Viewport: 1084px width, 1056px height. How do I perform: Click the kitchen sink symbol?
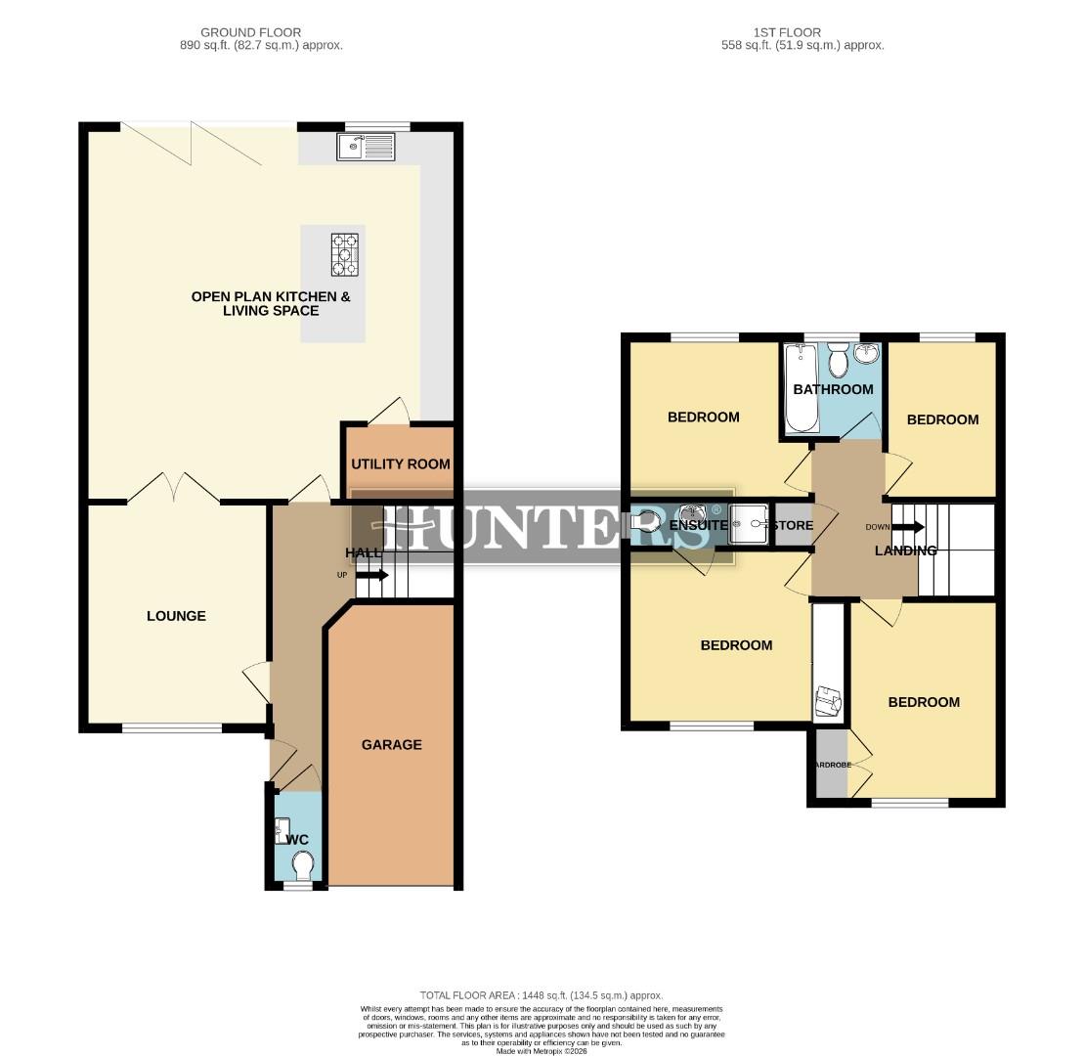click(366, 147)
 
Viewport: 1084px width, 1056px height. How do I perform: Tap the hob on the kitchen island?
click(344, 254)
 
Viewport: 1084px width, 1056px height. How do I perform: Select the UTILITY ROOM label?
click(400, 463)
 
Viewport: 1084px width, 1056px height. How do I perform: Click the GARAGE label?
click(392, 744)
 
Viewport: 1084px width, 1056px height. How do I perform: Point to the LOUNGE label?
click(176, 616)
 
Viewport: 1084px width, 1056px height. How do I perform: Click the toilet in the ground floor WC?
click(302, 865)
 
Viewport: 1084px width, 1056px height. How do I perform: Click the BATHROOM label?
click(833, 389)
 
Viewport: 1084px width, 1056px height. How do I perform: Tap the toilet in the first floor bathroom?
click(837, 363)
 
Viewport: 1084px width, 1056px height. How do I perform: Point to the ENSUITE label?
click(698, 525)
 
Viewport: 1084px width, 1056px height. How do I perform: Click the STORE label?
click(792, 525)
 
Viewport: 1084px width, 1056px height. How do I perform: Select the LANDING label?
click(905, 550)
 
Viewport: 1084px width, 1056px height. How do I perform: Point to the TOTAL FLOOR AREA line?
click(542, 994)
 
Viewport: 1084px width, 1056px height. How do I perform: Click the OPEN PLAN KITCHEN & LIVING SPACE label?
click(270, 303)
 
